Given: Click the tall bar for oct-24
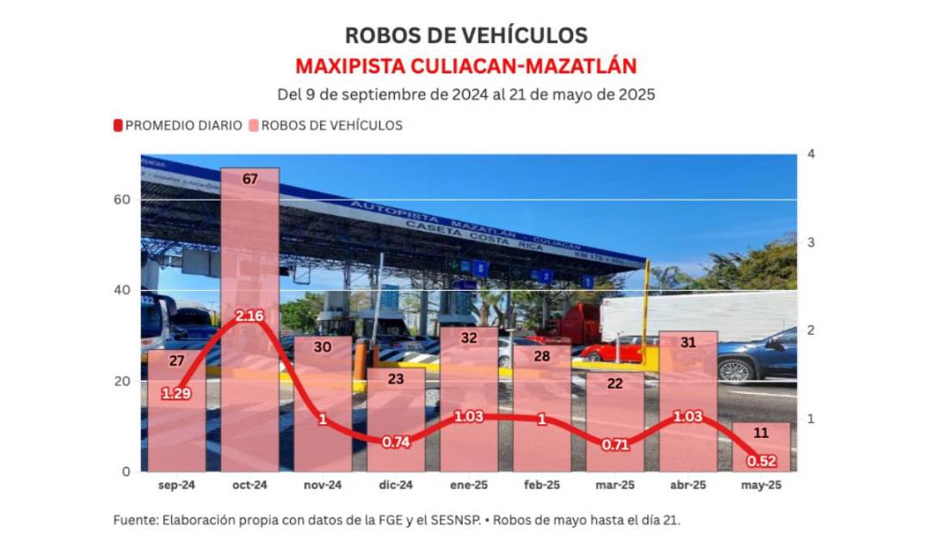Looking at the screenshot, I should [x=250, y=258].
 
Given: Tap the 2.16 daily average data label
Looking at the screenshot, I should [x=250, y=316].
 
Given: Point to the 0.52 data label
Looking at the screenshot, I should [x=761, y=460].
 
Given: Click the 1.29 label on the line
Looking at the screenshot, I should [x=176, y=393].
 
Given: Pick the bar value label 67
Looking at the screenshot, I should [x=250, y=179].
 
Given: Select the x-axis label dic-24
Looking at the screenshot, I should [x=396, y=485].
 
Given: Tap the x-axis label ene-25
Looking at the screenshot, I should [x=469, y=485].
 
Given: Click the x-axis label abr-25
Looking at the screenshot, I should [x=688, y=485].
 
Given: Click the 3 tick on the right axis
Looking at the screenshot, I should [x=811, y=243].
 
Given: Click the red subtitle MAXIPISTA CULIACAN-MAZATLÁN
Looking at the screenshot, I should [x=465, y=66].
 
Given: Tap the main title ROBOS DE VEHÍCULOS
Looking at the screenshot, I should [x=465, y=35].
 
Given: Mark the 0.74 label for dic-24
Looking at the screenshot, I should [x=396, y=441].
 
